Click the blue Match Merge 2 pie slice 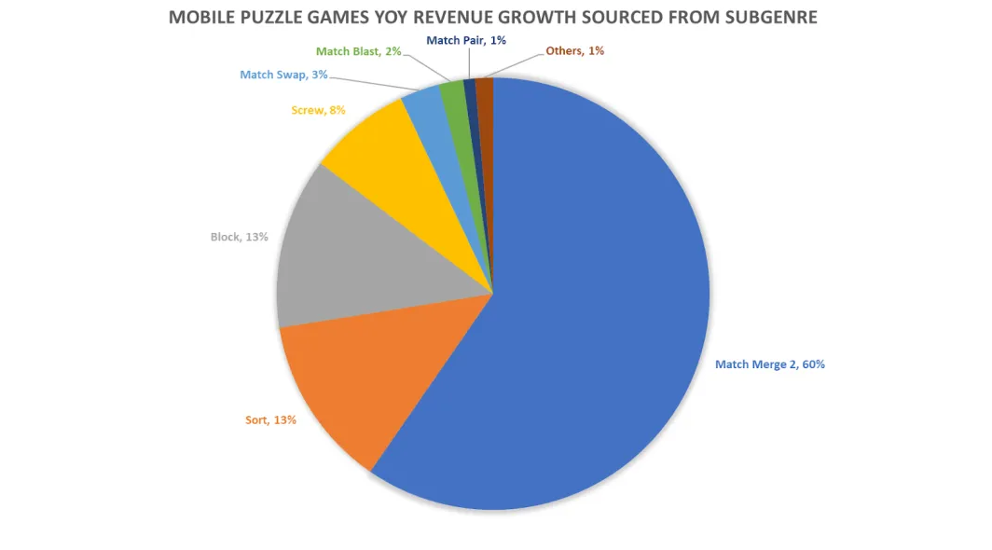(597, 308)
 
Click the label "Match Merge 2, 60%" (769, 364)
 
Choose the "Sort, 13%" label (270, 420)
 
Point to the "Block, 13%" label (239, 237)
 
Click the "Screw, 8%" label (318, 110)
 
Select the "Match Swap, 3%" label (284, 75)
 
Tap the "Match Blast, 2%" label (359, 51)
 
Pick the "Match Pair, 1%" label (466, 40)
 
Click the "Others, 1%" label (574, 51)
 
